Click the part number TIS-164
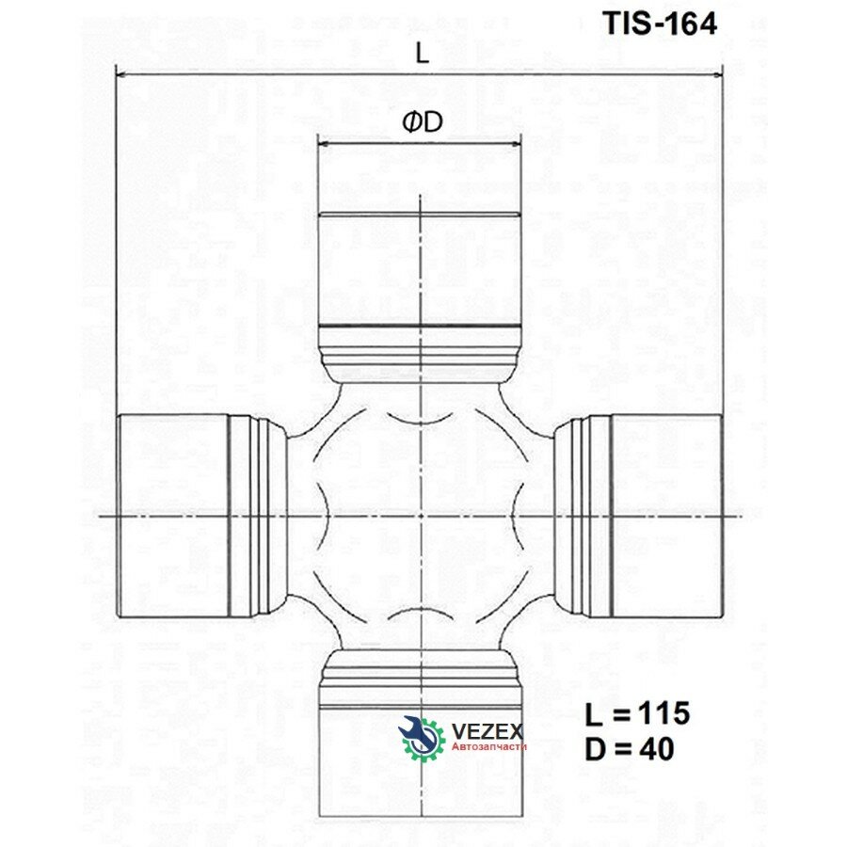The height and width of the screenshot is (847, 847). (x=660, y=24)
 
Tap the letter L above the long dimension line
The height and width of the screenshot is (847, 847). (x=422, y=54)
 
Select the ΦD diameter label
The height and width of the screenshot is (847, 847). (x=423, y=122)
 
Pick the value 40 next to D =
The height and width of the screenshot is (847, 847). (x=657, y=749)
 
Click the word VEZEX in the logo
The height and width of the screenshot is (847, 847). (x=487, y=731)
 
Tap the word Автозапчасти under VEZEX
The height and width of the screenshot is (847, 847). (x=488, y=746)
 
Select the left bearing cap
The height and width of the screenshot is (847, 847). (x=173, y=516)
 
